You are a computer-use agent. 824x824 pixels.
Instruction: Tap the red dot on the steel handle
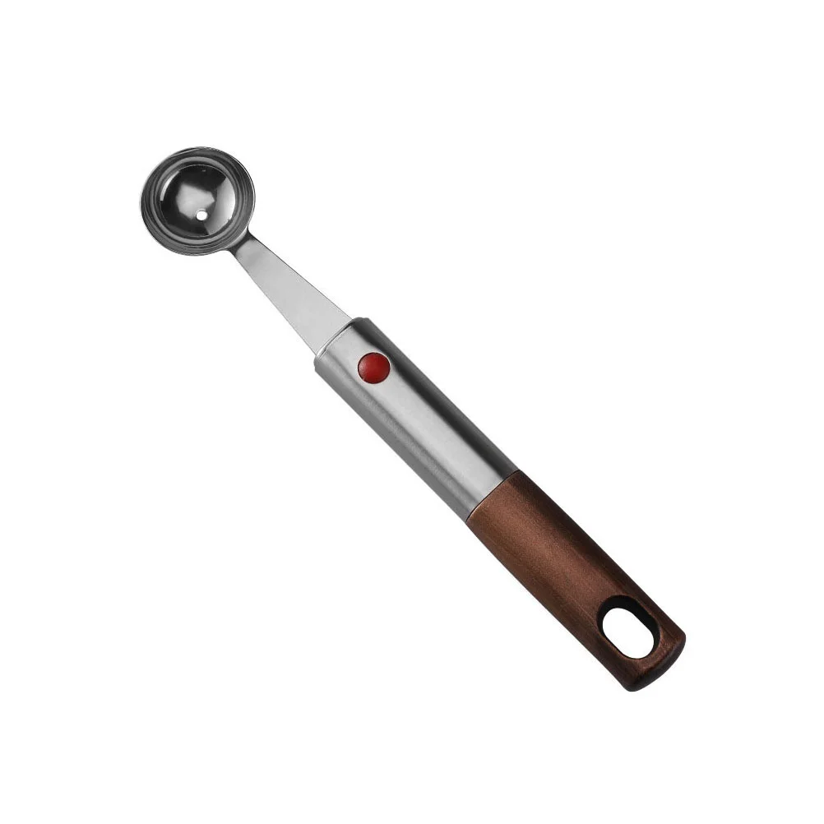pyautogui.click(x=374, y=367)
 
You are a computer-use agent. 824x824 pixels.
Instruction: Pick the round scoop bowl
pyautogui.click(x=197, y=201)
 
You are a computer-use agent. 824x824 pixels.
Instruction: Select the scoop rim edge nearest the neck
pyautogui.click(x=238, y=235)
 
